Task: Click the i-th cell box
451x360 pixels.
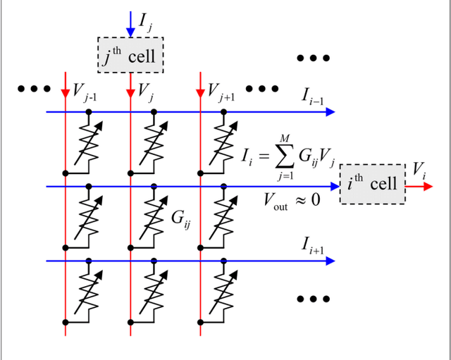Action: [373, 185]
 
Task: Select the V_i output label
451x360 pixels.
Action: [420, 169]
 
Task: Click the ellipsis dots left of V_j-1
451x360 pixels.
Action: [34, 89]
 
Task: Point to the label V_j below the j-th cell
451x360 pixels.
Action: [146, 91]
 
